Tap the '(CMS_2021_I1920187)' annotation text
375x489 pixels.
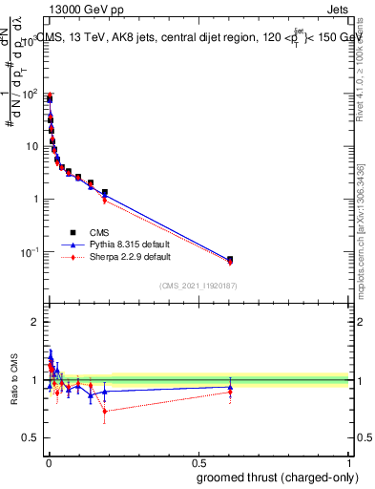pos(198,285)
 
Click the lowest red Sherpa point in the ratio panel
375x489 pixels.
pos(105,412)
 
